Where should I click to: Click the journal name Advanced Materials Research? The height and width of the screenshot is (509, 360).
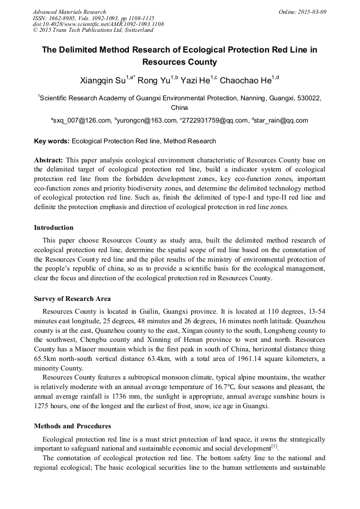pos(70,12)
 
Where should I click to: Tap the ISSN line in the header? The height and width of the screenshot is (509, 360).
pos(93,18)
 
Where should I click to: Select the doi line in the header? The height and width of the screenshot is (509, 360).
pos(98,24)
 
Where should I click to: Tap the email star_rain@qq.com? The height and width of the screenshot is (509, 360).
pos(282,121)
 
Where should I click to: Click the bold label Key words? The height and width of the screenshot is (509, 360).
pos(52,141)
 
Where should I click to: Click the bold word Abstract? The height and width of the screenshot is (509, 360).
pos(49,160)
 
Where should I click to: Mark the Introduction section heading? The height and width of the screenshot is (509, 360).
pos(54,228)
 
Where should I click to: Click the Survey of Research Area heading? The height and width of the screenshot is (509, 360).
pos(72,299)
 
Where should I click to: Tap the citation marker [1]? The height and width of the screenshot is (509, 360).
pos(274,447)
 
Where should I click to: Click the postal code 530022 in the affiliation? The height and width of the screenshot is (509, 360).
pos(308,98)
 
